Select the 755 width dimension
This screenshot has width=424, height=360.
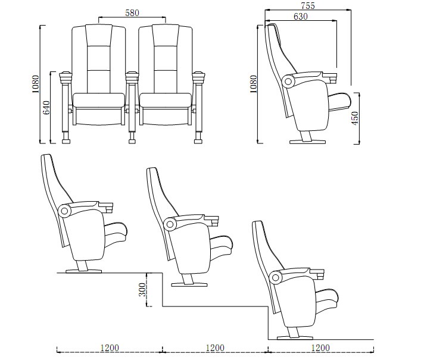(308, 5)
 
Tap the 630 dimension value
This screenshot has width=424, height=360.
(301, 17)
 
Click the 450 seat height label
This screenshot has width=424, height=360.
(356, 118)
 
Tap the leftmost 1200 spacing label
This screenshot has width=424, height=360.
(109, 348)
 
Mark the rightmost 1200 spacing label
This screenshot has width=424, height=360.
(320, 348)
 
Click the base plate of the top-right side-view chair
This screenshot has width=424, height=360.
(307, 142)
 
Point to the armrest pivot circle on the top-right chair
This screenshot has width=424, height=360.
(290, 80)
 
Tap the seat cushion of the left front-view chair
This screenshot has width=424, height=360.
(99, 101)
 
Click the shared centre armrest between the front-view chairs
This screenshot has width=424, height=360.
(132, 76)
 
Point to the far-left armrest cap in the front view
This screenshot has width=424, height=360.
(66, 76)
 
